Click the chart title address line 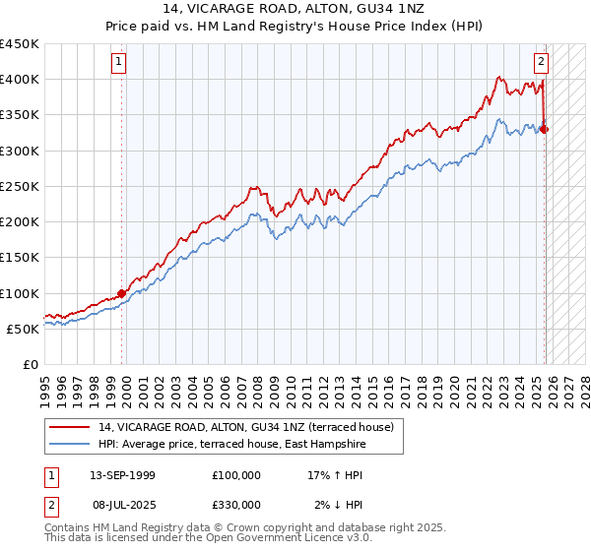[x=295, y=9]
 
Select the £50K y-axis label [x=24, y=329]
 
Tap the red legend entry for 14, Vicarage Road [x=246, y=427]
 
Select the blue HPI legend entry [x=231, y=445]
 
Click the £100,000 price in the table [x=236, y=474]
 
